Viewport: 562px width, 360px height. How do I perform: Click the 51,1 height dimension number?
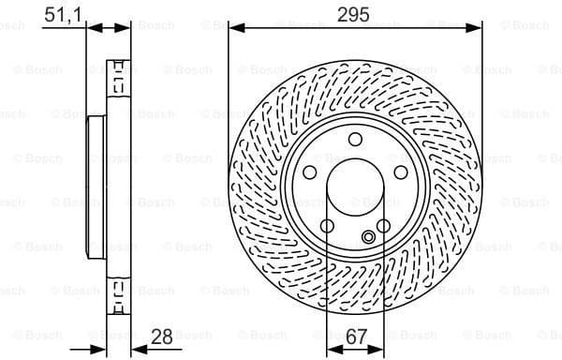pyautogui.click(x=62, y=13)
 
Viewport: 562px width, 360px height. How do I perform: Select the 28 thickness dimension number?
pyautogui.click(x=161, y=334)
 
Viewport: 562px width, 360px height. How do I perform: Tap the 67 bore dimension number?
pyautogui.click(x=355, y=334)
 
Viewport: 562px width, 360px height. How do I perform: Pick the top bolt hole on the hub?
pyautogui.click(x=355, y=140)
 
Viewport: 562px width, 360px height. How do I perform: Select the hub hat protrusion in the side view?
pyautogui.click(x=96, y=187)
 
